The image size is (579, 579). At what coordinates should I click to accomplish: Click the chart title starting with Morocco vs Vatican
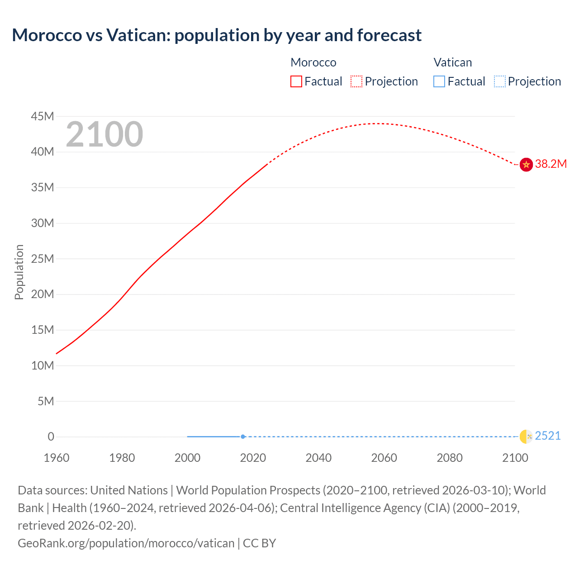(x=217, y=35)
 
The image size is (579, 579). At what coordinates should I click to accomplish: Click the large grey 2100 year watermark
(x=104, y=134)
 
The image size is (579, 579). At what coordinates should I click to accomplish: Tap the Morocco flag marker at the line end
(x=526, y=164)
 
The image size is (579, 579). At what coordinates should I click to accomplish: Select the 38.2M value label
(x=551, y=164)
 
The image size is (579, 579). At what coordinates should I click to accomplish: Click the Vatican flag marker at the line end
(x=526, y=437)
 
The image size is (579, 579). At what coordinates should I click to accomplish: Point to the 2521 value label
(x=548, y=436)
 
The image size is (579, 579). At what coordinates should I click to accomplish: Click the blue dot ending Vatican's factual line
(x=243, y=437)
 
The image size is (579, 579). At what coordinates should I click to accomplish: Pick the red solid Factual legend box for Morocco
(x=296, y=81)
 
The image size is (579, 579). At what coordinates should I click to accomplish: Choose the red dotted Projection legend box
(x=356, y=81)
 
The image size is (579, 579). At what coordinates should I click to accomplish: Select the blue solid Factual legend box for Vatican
(x=439, y=81)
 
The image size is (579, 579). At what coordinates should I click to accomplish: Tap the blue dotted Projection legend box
(x=500, y=81)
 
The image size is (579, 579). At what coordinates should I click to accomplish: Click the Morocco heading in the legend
(x=313, y=62)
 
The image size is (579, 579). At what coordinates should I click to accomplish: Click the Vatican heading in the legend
(x=453, y=62)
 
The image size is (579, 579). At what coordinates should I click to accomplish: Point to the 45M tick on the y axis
(x=43, y=117)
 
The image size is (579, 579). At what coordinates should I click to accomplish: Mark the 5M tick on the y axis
(x=46, y=401)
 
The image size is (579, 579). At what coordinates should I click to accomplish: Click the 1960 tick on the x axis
(x=57, y=458)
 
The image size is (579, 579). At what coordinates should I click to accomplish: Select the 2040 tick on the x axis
(x=318, y=458)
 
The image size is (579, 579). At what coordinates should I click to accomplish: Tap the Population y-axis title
(x=19, y=272)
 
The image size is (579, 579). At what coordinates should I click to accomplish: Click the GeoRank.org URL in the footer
(x=126, y=543)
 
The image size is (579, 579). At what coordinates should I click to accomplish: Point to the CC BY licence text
(x=260, y=543)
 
